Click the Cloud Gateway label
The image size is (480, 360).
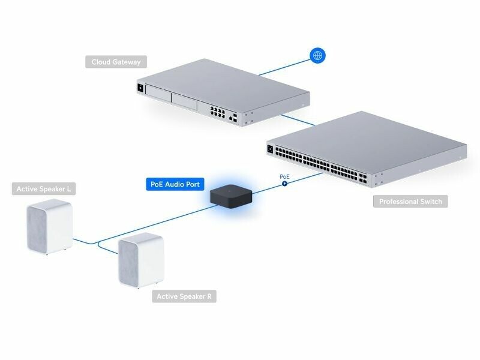tap(116, 62)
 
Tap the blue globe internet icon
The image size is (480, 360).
tap(317, 56)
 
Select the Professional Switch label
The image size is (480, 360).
tap(410, 202)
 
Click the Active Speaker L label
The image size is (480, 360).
tap(44, 189)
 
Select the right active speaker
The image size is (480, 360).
tap(141, 260)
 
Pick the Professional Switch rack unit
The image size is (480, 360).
tap(366, 150)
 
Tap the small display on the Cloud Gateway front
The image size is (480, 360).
tap(141, 89)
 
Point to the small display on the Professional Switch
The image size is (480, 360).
tap(270, 148)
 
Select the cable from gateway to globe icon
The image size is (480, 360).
tap(282, 67)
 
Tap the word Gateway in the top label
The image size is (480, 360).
tap(129, 62)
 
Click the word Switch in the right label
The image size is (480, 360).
tap(430, 202)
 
